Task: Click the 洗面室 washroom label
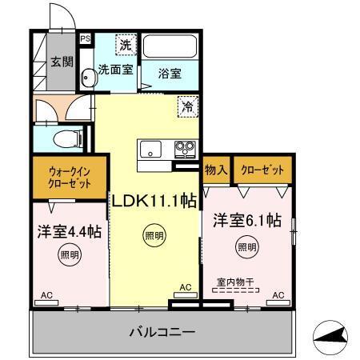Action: (x=115, y=70)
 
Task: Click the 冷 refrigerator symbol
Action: (x=186, y=103)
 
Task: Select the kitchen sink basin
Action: (x=150, y=149)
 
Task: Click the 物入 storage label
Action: (x=216, y=170)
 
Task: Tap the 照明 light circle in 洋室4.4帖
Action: (x=69, y=256)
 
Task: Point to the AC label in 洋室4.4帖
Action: (x=46, y=295)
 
